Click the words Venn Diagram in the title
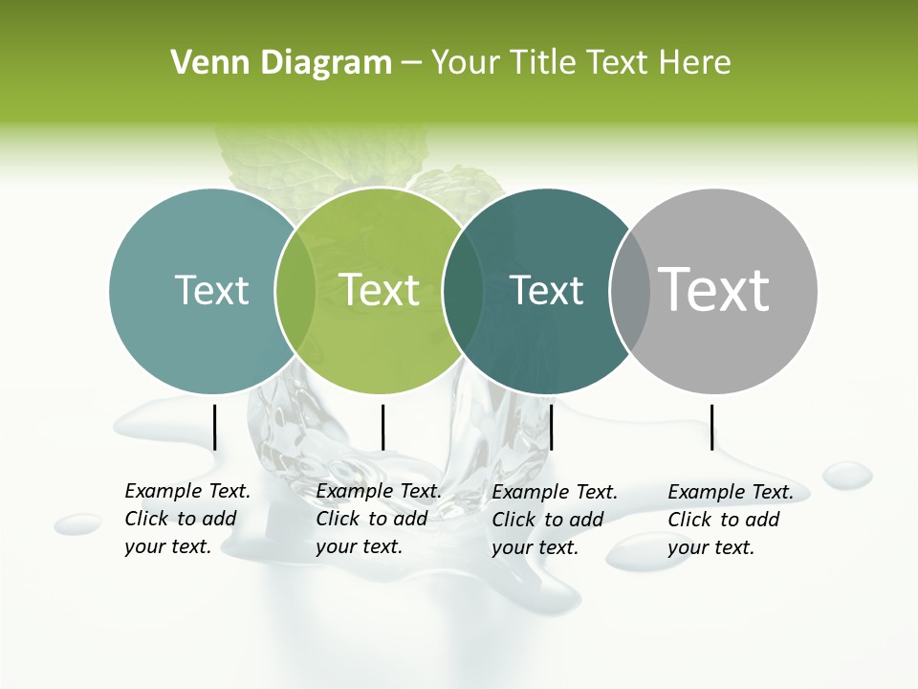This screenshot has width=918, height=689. coord(281,63)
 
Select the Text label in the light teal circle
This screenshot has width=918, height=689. coord(211,290)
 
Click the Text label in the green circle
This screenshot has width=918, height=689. coord(380,290)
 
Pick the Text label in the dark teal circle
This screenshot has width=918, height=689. coord(546,290)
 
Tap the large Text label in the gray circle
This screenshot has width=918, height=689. coord(714,290)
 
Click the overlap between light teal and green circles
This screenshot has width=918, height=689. coord(295,291)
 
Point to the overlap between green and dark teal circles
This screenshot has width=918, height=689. coord(463,291)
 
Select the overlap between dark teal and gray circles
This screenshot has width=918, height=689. coord(629,291)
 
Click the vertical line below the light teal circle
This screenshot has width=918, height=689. coord(215,427)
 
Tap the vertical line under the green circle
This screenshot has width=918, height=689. coord(382,427)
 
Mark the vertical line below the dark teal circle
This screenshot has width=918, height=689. coord(552,427)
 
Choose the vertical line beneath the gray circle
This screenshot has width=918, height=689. coord(712,427)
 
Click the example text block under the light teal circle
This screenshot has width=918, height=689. coord(187,519)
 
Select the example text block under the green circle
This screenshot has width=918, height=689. coord(379,519)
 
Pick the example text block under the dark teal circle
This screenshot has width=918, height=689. coord(555,520)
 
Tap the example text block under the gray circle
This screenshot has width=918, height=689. coord(731,520)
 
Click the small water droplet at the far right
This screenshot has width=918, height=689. coord(847,475)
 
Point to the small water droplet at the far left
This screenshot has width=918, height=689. coord(77,523)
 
